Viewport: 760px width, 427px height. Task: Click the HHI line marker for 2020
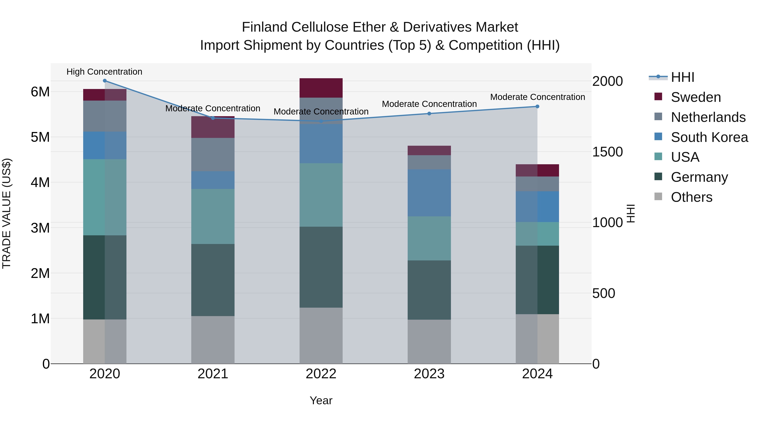[105, 81]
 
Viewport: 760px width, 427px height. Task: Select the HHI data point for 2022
[321, 121]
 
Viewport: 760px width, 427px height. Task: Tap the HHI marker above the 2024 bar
[537, 106]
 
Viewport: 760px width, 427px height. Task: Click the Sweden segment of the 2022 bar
[321, 88]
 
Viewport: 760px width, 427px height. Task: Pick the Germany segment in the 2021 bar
[213, 280]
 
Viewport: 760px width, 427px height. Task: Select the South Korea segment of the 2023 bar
[429, 193]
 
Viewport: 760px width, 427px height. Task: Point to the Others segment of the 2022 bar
[321, 336]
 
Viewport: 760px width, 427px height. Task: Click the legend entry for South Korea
[709, 137]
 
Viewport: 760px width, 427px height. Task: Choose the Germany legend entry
[699, 177]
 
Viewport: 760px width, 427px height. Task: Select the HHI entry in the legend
[682, 77]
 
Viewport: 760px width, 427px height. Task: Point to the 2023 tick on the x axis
[429, 374]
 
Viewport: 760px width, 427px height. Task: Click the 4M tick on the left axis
[40, 182]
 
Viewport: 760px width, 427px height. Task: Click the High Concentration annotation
[104, 72]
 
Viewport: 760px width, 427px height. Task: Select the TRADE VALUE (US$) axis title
[7, 213]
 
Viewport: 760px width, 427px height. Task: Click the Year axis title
[321, 400]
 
